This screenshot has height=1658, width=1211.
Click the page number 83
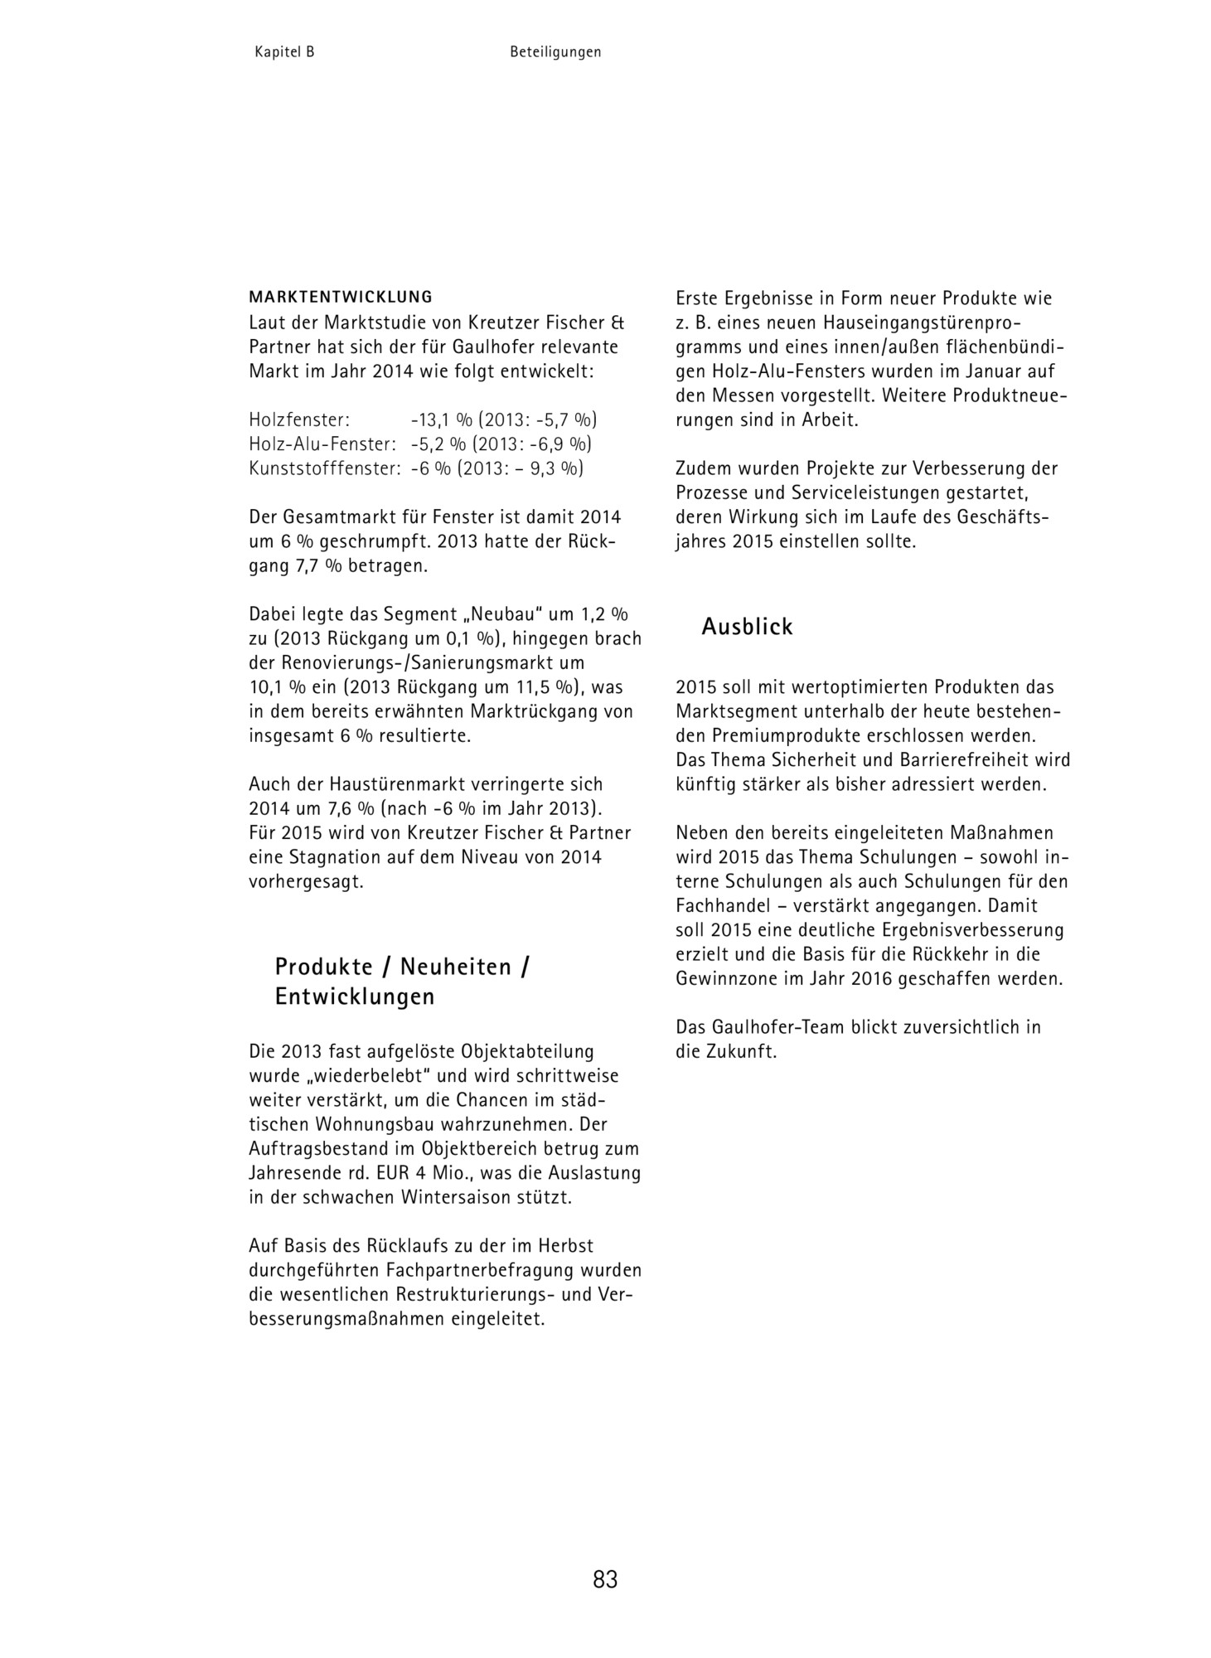pyautogui.click(x=605, y=1578)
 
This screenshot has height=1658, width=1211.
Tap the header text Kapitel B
pyautogui.click(x=284, y=52)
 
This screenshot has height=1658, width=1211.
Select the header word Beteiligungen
pyautogui.click(x=555, y=52)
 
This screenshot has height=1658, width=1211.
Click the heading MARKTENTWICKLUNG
pyautogui.click(x=341, y=296)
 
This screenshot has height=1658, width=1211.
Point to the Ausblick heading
pyautogui.click(x=747, y=627)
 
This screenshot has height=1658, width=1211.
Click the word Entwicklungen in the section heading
pyautogui.click(x=355, y=996)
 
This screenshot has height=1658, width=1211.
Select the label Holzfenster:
pyautogui.click(x=299, y=419)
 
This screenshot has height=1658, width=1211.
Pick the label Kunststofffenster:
pyautogui.click(x=325, y=468)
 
